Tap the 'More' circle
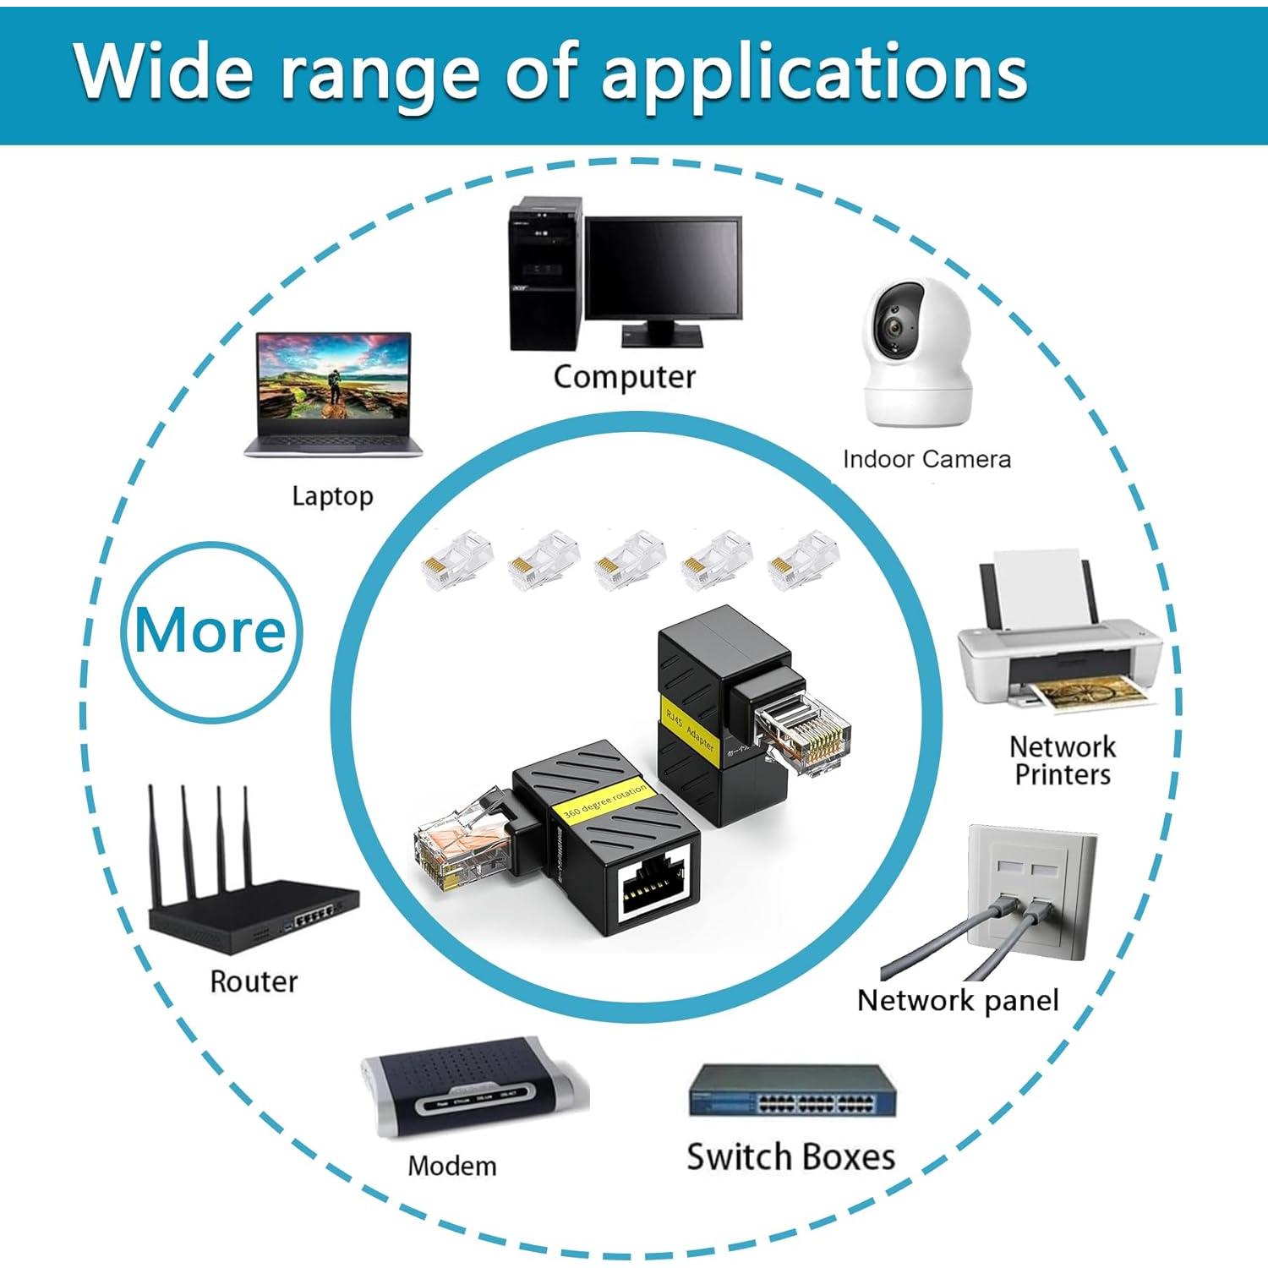[210, 631]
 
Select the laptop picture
[334, 394]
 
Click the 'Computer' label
[624, 377]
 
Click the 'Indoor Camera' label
[926, 459]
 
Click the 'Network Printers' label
[1063, 760]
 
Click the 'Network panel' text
[957, 1000]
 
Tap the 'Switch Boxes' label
[790, 1156]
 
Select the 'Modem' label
[452, 1166]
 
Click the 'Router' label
[254, 981]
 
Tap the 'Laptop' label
[332, 495]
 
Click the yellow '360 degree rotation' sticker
[605, 799]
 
